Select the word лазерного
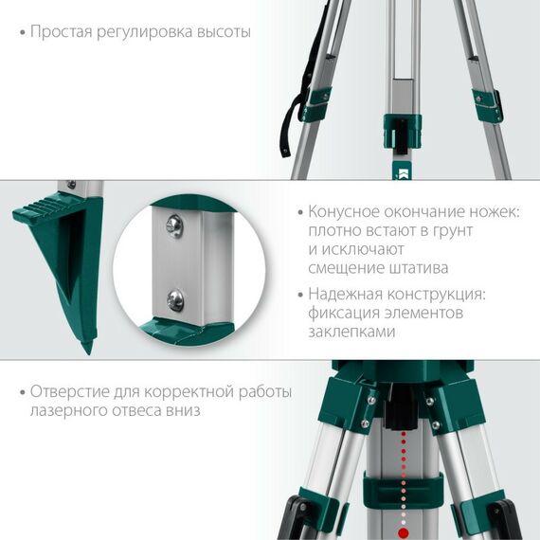coord(68,411)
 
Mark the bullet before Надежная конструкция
coord(299,296)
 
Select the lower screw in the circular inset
coord(175,299)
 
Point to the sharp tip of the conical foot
coord(87,348)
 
